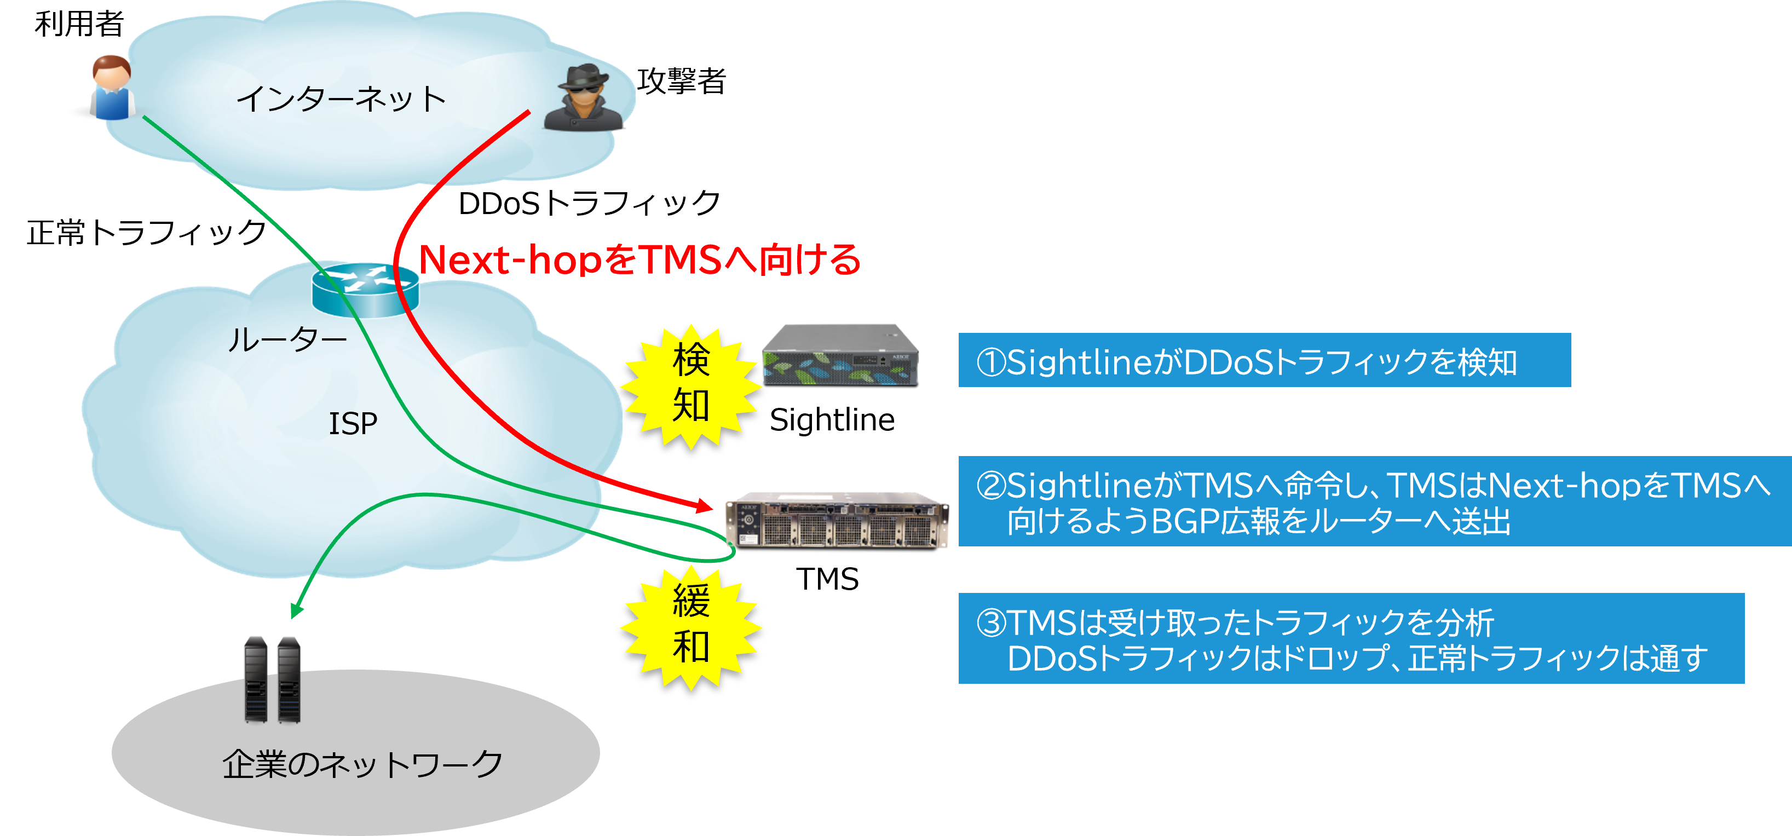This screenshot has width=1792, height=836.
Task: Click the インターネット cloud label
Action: coord(341,99)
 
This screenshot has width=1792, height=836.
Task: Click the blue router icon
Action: coord(365,289)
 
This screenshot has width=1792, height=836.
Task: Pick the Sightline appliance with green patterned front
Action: coord(840,355)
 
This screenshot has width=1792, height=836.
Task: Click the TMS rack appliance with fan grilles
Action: coord(837,520)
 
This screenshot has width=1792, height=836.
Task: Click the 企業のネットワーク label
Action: coord(362,764)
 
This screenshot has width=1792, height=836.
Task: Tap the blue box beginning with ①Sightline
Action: coord(1264,360)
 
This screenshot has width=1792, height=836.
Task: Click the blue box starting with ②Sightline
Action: coord(1374,501)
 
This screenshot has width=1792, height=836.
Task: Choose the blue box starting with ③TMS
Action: coord(1350,638)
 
